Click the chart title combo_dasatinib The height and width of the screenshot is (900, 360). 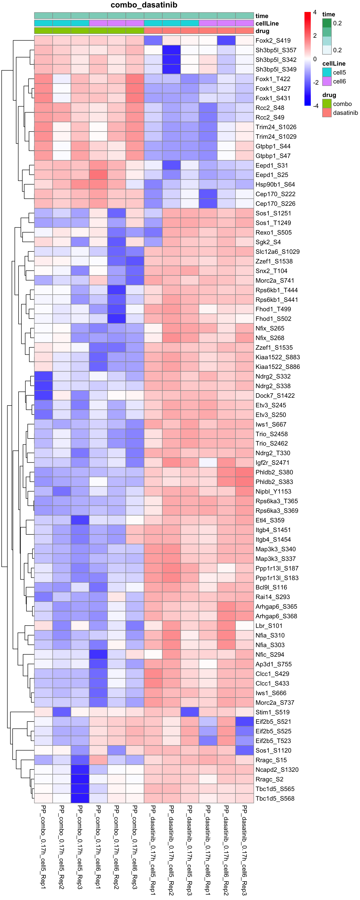(144, 5)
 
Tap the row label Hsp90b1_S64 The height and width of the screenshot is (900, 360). (275, 184)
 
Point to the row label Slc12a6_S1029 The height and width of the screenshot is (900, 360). (277, 251)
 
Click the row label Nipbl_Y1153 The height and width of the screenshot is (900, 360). (273, 491)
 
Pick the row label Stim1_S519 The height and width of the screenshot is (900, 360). (272, 712)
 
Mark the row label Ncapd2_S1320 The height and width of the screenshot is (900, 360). (277, 770)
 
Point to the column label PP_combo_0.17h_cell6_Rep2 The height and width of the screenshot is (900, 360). (116, 849)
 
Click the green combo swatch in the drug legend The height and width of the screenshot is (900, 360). (327, 104)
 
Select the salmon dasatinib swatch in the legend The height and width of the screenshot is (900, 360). (327, 112)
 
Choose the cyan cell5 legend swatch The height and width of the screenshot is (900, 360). (327, 72)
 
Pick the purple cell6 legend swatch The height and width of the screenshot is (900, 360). (327, 81)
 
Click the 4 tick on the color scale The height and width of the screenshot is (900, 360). (315, 13)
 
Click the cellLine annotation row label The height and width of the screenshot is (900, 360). (267, 23)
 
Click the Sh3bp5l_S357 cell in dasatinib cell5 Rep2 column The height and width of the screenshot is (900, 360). (171, 50)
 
